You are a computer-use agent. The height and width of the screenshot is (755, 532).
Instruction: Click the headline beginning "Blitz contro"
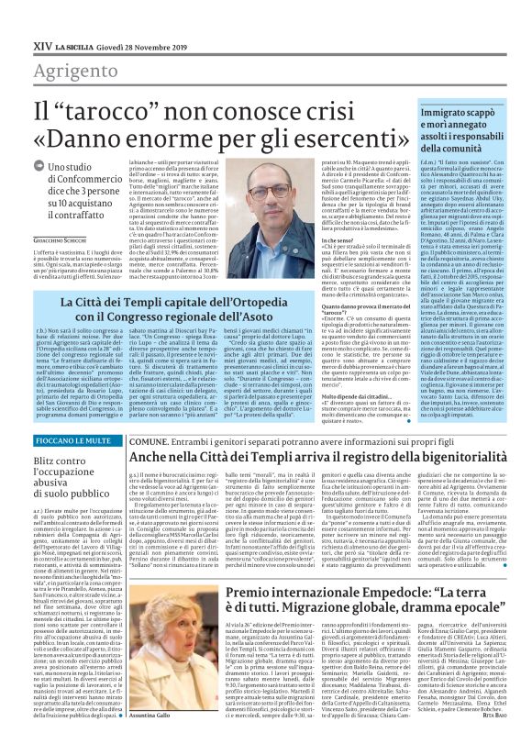coord(61,462)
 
